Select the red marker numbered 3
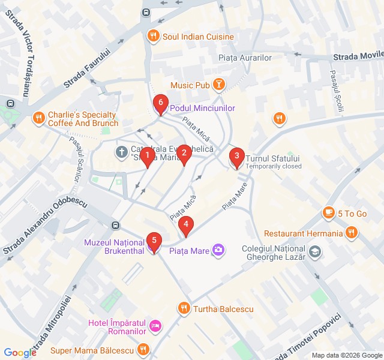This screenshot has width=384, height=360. coord(237,158)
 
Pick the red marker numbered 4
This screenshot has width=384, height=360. coord(186,226)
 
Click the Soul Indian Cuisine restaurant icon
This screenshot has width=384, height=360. coord(154,37)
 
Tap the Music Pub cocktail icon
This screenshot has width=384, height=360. coord(219,85)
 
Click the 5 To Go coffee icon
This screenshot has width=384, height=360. coord(328,213)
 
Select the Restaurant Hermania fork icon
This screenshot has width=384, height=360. coord(352,233)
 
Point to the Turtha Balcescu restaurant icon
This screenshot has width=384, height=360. coord(184,309)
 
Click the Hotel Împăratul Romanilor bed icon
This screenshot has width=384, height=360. coord(155,326)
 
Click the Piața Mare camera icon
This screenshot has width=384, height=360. coord(218,250)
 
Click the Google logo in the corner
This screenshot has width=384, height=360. coord(20,353)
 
